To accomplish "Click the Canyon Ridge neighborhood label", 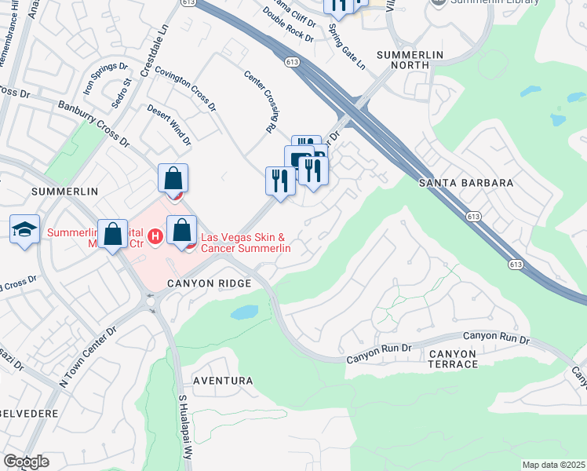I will (x=208, y=283).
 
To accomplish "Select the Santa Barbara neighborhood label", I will (x=466, y=182).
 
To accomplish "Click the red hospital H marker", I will (x=155, y=235).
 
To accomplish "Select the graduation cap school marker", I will (x=25, y=229).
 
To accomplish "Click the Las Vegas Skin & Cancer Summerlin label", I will (x=246, y=243).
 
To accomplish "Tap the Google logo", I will (x=25, y=462).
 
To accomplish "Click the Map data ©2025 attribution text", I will (x=553, y=465).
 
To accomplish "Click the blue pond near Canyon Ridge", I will (x=244, y=312).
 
